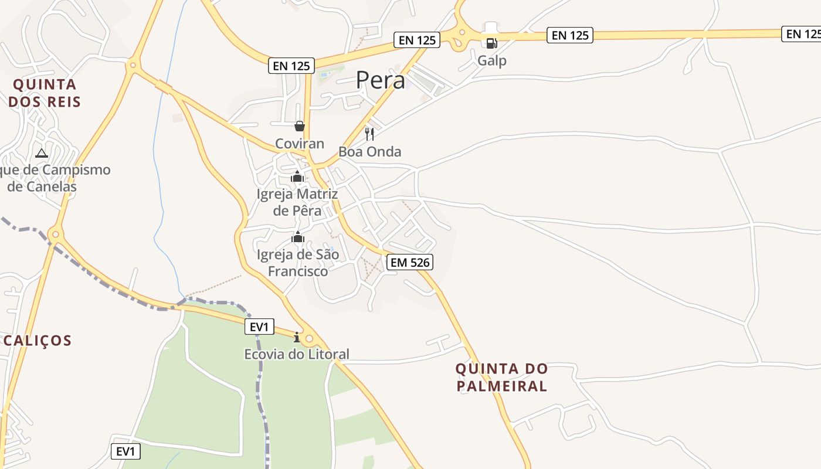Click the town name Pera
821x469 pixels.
pos(381,80)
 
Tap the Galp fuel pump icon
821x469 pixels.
pos(491,42)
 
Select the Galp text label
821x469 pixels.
pos(491,60)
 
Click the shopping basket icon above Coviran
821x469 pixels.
pos(300,126)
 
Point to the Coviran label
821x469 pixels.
pos(300,144)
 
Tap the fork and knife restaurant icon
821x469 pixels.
pos(369,134)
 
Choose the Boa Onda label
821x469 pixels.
pos(369,152)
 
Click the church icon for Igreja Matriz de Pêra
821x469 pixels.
pos(297,176)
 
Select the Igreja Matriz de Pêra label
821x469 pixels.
pos(297,202)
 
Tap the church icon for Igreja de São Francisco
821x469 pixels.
pos(298,237)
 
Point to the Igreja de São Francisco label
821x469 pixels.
pos(298,263)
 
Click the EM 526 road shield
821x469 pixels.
pos(410,262)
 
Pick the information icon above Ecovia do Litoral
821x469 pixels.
pos(297,337)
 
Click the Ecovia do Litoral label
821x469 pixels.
pos(297,354)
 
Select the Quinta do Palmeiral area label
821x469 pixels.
pos(501,377)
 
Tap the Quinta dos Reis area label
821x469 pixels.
pos(45,93)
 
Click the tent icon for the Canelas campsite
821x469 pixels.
pos(41,154)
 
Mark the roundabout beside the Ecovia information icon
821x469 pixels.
pos(309,338)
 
